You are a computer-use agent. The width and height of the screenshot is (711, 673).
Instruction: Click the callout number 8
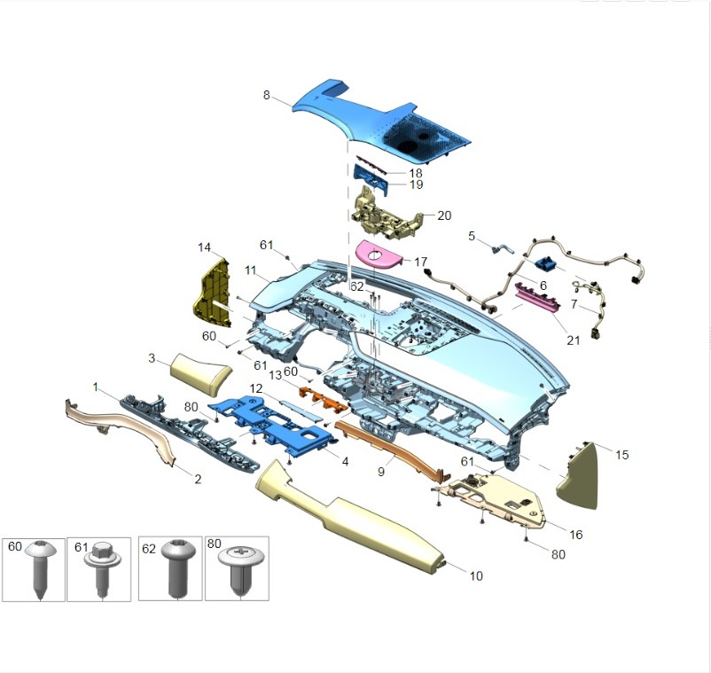tap(266, 95)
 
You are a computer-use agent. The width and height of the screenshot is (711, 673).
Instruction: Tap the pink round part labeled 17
tap(379, 256)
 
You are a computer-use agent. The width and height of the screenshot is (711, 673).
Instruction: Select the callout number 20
tap(444, 215)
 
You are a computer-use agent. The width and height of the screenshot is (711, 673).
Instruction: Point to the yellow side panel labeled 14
tap(212, 293)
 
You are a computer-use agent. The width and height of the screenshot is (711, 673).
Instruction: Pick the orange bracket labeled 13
tap(323, 398)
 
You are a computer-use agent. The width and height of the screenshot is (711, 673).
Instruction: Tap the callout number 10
tap(476, 576)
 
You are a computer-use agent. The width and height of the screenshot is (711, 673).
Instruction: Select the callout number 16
tap(576, 535)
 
